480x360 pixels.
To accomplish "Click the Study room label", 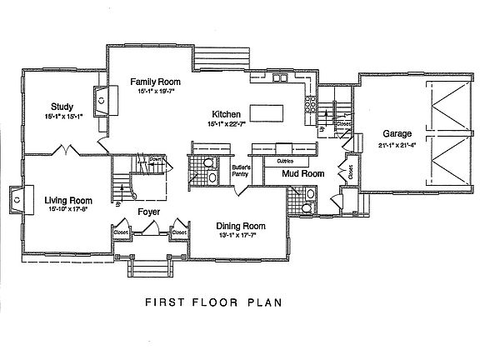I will pos(61,107).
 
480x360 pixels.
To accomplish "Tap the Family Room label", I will pos(155,82).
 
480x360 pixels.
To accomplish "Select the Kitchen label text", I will pos(227,114).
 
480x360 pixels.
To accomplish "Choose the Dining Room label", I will pos(240,226).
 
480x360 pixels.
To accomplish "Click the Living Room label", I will pos(57,201).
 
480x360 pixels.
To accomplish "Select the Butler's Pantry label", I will pos(242,172).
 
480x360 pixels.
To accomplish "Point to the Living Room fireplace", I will pos(17,198).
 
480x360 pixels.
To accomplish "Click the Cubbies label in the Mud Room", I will pos(285,160).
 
